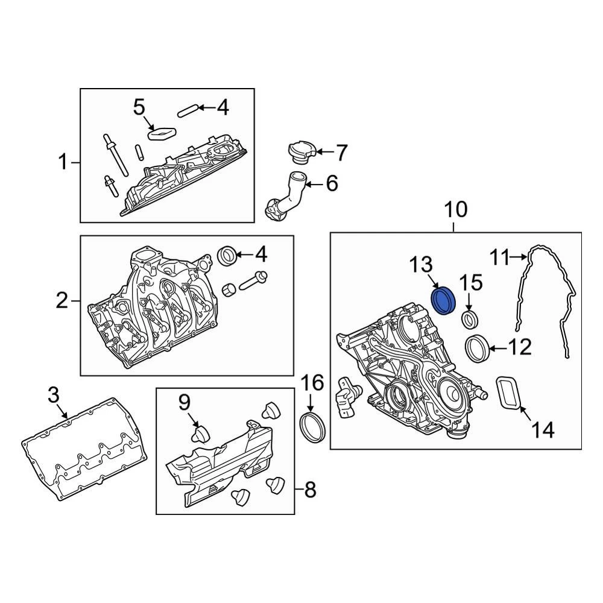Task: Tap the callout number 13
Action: pos(422,265)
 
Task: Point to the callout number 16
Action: pos(312,382)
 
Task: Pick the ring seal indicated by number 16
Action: pos(313,428)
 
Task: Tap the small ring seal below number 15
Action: pos(470,318)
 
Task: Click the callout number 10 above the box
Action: pos(455,210)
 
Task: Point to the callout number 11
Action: pos(499,258)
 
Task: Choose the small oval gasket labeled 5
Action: pos(161,132)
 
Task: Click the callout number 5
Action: pos(139,108)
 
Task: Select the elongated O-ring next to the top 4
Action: pos(188,110)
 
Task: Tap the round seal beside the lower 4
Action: pos(228,255)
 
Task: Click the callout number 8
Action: pos(309,490)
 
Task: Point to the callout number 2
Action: pos(62,300)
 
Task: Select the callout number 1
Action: pos(63,162)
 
